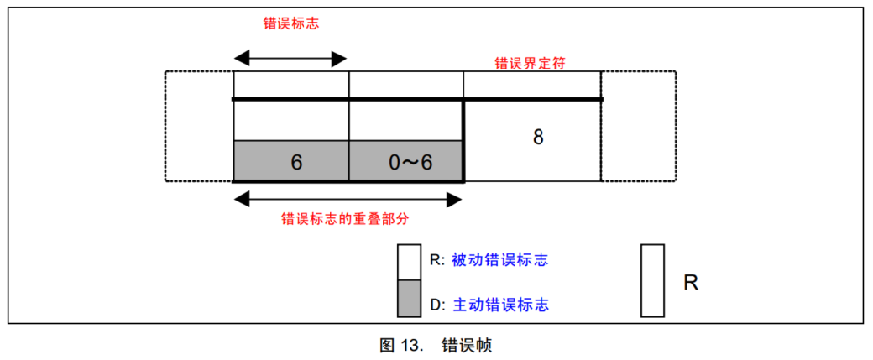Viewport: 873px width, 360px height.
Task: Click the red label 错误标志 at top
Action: tap(290, 24)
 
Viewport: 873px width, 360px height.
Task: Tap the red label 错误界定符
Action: tap(533, 63)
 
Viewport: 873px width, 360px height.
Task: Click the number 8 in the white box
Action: tap(538, 137)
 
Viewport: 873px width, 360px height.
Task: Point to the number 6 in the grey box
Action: tap(296, 162)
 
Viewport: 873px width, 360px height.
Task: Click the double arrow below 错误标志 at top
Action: tap(290, 59)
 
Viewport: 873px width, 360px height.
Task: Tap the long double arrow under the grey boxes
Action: tap(348, 200)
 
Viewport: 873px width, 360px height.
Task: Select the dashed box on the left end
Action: tap(199, 126)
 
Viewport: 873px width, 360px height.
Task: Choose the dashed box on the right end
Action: tap(638, 126)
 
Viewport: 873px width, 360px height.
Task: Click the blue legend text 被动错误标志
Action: tap(500, 260)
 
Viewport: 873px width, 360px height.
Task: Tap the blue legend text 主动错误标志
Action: tap(500, 304)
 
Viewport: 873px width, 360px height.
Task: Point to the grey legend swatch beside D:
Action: tap(409, 299)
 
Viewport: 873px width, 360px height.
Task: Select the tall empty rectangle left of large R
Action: tap(652, 280)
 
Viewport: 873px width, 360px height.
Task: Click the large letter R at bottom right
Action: tap(691, 283)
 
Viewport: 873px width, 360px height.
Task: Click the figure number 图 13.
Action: tap(402, 345)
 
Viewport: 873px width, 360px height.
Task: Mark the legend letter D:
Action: tap(437, 304)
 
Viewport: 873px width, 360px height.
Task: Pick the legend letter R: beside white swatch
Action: tap(437, 260)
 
